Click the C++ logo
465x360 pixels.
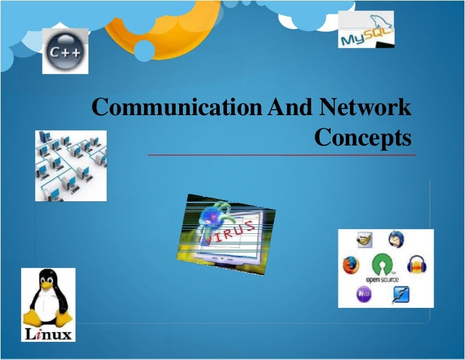point(65,52)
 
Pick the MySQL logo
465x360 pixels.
point(366,30)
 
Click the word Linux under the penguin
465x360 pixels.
point(48,334)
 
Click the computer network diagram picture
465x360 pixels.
point(71,165)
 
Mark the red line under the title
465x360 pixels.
point(282,155)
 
